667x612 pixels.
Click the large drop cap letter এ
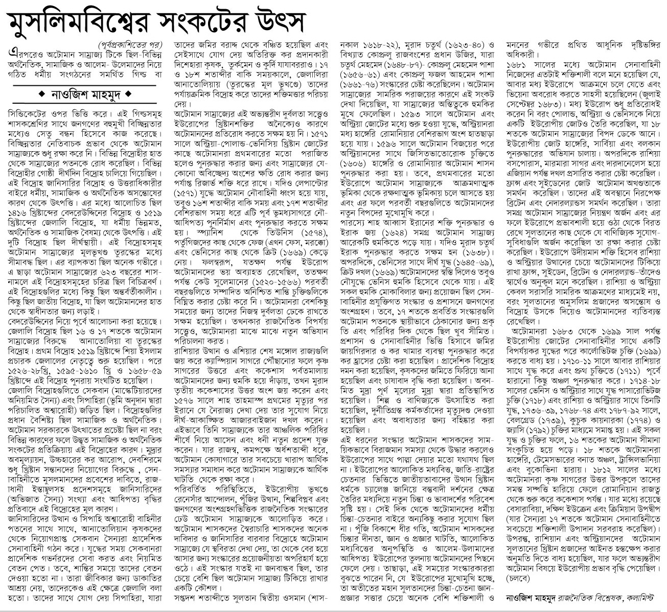coord(7,53)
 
